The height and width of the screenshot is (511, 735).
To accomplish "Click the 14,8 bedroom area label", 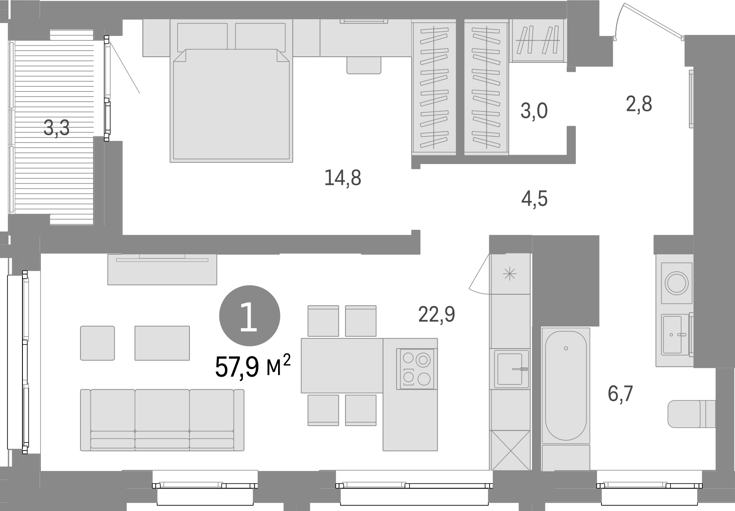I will click(x=343, y=178).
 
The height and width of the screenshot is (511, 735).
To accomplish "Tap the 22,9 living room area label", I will click(x=437, y=314).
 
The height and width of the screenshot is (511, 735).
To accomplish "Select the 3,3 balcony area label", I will click(x=57, y=128).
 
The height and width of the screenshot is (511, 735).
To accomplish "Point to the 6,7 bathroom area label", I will click(x=620, y=394).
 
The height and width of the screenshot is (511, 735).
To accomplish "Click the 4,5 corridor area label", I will click(x=535, y=199).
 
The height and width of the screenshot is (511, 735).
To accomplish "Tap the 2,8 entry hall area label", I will click(x=639, y=104).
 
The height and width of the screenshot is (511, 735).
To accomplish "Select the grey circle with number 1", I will click(x=249, y=315).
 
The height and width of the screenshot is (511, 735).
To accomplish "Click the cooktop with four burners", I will click(x=416, y=369).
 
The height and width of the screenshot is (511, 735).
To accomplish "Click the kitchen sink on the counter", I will click(x=512, y=369).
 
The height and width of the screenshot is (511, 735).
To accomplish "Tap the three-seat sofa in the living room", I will click(x=162, y=420).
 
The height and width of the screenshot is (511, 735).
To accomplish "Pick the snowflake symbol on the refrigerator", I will click(x=510, y=274).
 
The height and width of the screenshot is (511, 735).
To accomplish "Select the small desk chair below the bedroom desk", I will click(x=363, y=65).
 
